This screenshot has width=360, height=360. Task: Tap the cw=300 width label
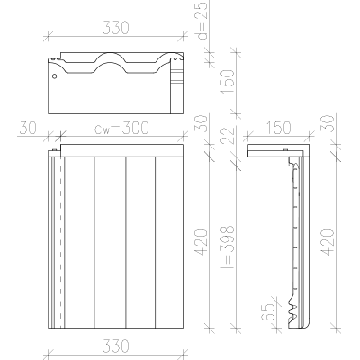121,128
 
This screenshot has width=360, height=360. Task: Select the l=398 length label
227,246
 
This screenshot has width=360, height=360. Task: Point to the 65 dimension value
269,312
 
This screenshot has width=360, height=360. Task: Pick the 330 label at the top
115,28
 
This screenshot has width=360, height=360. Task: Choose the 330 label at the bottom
115,346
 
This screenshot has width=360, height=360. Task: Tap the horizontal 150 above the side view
278,128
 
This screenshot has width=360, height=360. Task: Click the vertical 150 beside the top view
227,82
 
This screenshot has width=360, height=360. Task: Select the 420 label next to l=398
202,242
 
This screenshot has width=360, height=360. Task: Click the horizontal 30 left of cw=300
28,128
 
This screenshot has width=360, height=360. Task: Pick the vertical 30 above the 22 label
202,123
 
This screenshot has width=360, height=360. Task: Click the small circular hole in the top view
54,76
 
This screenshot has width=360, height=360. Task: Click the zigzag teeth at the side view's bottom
292,312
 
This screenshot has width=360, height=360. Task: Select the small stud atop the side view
284,150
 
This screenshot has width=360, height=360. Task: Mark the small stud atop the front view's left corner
54,150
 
